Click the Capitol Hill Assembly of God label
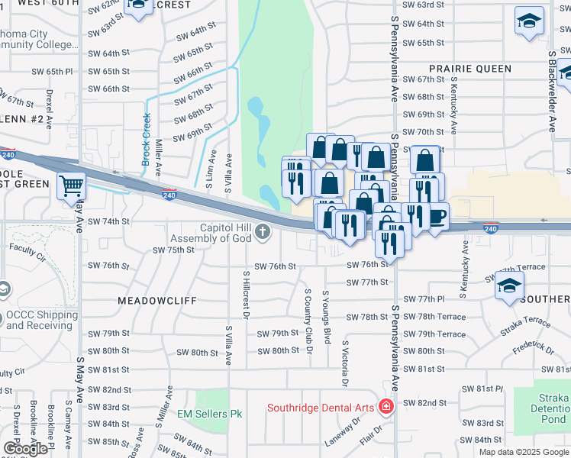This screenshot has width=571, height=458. pyautogui.click(x=225, y=233)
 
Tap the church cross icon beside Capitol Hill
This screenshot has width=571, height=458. pyautogui.click(x=263, y=231)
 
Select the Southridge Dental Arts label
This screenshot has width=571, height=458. pyautogui.click(x=320, y=408)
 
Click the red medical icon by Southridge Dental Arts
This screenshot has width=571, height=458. pyautogui.click(x=386, y=406)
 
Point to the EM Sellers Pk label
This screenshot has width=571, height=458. pyautogui.click(x=209, y=414)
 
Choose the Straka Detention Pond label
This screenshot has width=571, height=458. pyautogui.click(x=548, y=409)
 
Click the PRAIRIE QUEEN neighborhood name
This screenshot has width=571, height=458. pyautogui.click(x=469, y=68)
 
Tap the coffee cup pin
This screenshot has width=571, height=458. pyautogui.click(x=436, y=216)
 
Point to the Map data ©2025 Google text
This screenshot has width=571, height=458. pyautogui.click(x=524, y=452)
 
